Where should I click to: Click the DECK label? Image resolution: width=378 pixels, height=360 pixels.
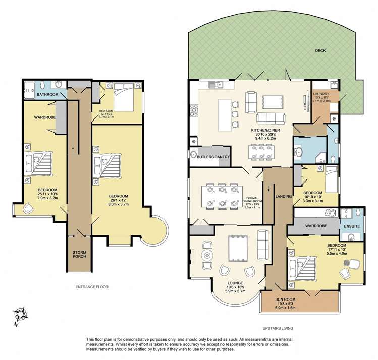(x=319, y=51)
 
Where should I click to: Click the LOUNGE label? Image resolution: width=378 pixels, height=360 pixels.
(x=235, y=283)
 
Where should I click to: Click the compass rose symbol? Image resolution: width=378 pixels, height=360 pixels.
(x=21, y=315)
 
